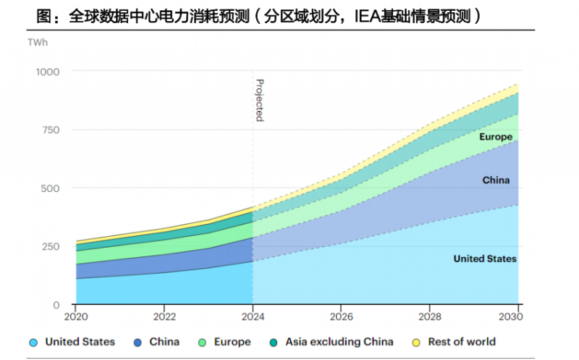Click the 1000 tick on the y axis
coord(48,71)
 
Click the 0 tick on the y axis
coord(56,304)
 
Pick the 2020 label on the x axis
coord(76,317)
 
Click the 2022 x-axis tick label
coord(164,317)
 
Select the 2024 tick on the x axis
coord(253,317)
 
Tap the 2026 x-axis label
coord(342,317)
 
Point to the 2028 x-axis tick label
coord(430,317)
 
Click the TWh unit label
coord(38,43)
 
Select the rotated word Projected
coord(260,100)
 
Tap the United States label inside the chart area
coord(484,259)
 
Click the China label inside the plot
coord(496,180)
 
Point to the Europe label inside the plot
coord(495,137)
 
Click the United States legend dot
coord(33,342)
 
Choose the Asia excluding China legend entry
coord(339,342)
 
